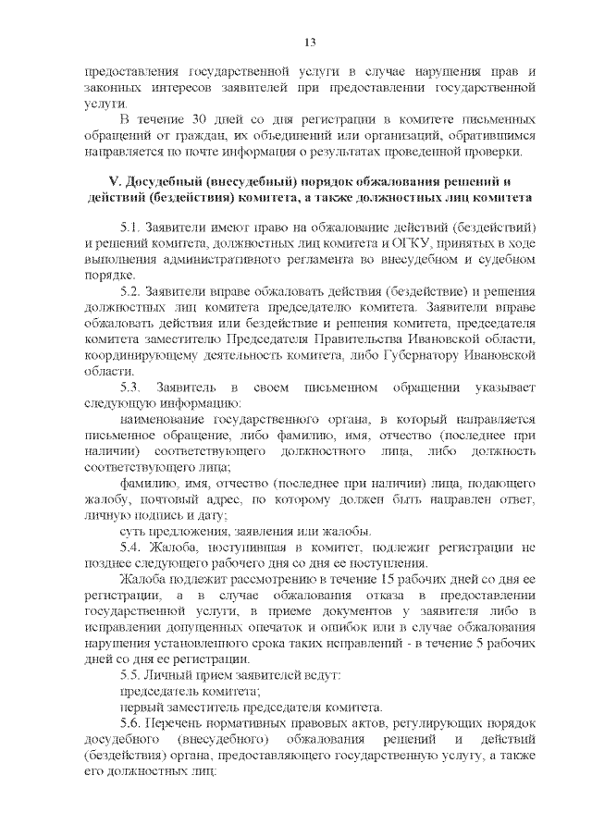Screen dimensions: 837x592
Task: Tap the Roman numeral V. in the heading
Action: [x=117, y=179]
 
